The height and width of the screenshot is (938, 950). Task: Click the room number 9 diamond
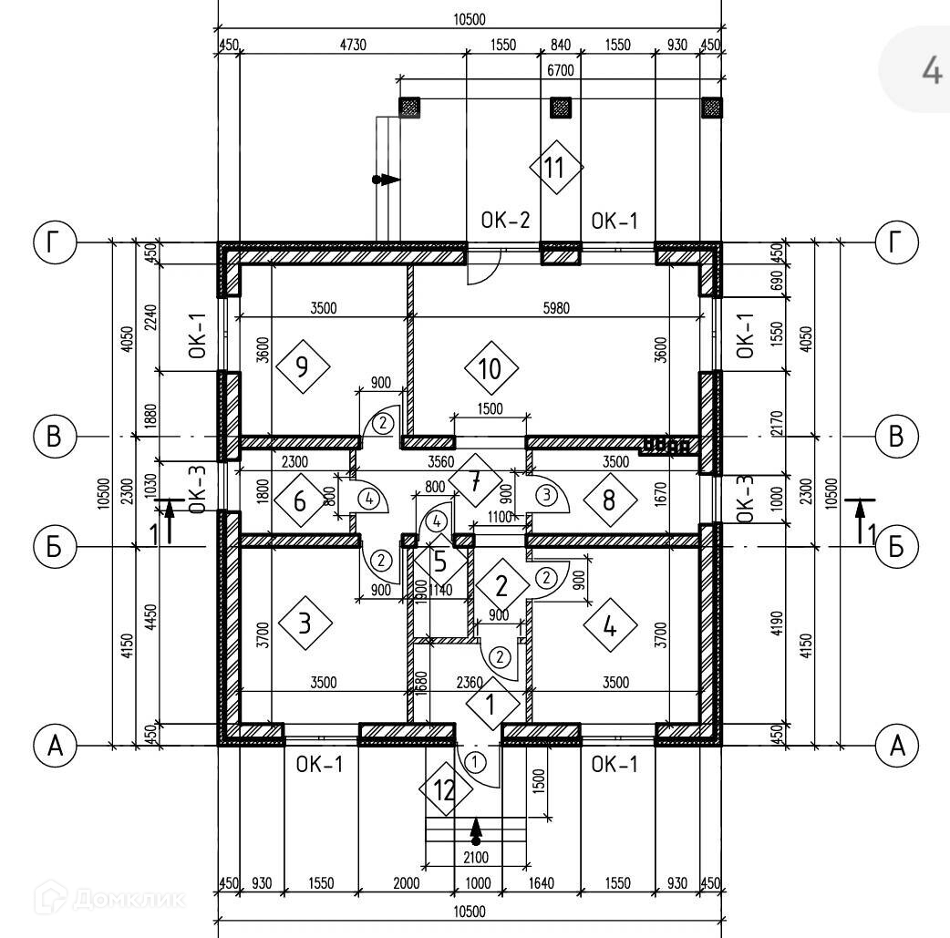[303, 366]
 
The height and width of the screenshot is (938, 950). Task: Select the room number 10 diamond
[491, 367]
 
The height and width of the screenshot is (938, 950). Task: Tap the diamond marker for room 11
[556, 167]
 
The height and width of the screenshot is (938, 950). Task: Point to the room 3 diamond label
[305, 623]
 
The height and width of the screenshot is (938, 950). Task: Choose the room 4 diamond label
[610, 625]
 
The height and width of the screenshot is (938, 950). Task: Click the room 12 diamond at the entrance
[445, 789]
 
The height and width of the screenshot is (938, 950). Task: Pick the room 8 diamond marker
[610, 500]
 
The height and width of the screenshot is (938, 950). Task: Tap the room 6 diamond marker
[301, 501]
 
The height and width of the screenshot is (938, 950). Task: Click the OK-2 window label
[505, 220]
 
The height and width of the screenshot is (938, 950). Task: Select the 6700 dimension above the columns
[561, 70]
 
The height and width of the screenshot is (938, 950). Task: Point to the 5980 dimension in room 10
[556, 308]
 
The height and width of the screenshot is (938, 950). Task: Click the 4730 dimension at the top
[353, 45]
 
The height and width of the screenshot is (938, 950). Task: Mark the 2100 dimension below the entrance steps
[476, 857]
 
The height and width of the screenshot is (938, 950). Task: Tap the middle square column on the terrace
[561, 108]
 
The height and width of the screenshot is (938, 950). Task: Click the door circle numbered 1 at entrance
[476, 762]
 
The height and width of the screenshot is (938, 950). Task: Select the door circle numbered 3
[546, 495]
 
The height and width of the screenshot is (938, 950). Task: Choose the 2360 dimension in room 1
[470, 683]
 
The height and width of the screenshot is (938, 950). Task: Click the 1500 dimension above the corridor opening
[490, 409]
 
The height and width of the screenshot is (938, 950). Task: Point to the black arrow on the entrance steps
[476, 831]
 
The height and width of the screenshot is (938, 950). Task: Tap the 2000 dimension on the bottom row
[406, 883]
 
